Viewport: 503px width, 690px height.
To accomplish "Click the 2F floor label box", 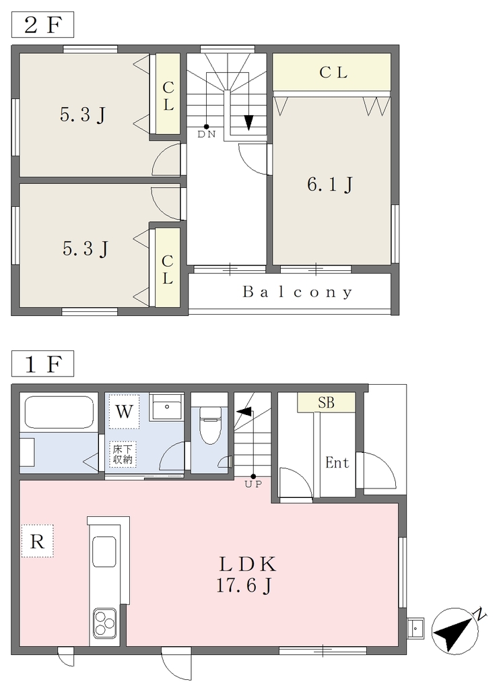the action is [x=42, y=25].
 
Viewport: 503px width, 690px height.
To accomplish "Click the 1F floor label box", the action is [x=42, y=363].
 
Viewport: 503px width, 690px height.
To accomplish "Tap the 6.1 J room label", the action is [x=330, y=184].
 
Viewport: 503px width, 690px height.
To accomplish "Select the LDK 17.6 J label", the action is [x=246, y=574].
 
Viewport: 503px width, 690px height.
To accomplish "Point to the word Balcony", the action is [x=298, y=292].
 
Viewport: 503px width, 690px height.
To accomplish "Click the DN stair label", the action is [x=206, y=134].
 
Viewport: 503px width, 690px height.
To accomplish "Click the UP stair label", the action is [x=253, y=484].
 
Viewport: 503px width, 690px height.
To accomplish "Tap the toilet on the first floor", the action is [x=209, y=425].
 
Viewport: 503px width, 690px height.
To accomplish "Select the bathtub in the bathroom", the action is [x=59, y=412].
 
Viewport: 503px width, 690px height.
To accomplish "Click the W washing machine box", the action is [x=124, y=412].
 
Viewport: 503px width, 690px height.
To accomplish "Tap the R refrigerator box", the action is [x=38, y=541].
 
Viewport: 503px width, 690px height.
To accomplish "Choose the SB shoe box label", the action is [x=327, y=403].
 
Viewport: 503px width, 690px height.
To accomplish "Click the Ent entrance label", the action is [x=337, y=462].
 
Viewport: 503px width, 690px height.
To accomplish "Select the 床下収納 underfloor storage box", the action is [x=123, y=455].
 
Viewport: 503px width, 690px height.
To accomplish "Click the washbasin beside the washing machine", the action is [x=166, y=408].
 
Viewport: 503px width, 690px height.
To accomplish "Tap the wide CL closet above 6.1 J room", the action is [x=332, y=72].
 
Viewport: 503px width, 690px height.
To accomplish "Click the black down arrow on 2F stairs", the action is [x=249, y=123].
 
